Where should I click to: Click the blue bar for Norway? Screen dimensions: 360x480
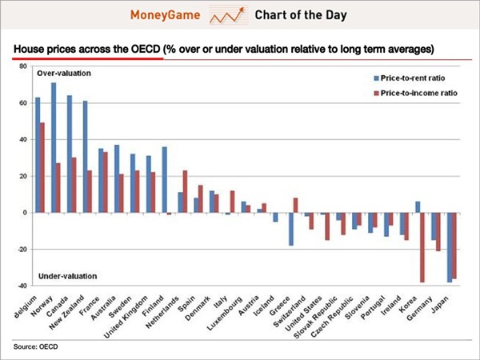pyautogui.click(x=54, y=147)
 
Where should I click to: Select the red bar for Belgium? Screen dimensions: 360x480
pyautogui.click(x=42, y=167)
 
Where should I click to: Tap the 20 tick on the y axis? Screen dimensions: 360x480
pyautogui.click(x=23, y=176)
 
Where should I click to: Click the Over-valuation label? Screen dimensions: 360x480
pyautogui.click(x=65, y=74)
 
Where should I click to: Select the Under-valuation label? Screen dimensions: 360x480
pyautogui.click(x=67, y=276)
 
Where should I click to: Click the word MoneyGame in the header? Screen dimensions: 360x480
pyautogui.click(x=170, y=14)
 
